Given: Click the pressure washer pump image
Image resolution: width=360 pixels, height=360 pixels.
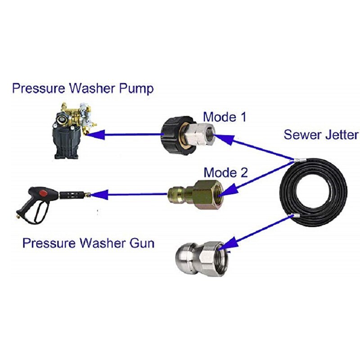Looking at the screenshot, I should tap(74, 131).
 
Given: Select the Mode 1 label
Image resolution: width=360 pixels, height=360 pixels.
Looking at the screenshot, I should tap(225, 117).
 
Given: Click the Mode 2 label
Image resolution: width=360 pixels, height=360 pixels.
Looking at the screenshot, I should tap(225, 172).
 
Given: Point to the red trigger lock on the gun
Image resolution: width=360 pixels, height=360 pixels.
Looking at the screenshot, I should tap(44, 193).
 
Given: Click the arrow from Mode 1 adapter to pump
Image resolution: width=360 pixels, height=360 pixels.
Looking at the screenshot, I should tap(126, 134).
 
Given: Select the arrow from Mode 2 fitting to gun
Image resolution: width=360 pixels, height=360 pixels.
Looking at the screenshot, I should tap(130, 194).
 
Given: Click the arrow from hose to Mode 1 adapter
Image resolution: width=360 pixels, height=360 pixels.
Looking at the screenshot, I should tap(256, 148).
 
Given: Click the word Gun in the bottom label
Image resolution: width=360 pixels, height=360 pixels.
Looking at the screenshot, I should tap(142, 244).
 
